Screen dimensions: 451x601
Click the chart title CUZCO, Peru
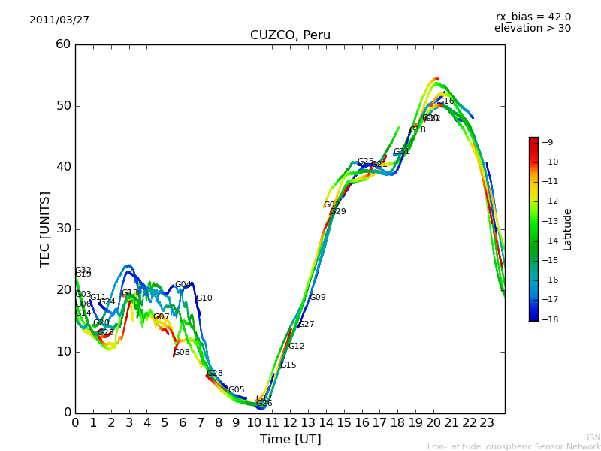(x=290, y=35)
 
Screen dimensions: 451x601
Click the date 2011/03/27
(x=59, y=20)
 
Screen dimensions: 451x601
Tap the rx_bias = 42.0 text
(x=533, y=17)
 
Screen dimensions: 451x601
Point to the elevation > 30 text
(x=532, y=29)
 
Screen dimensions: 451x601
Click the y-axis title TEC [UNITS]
(x=45, y=229)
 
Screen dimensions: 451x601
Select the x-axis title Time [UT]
(x=290, y=440)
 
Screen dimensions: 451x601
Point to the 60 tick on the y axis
(x=63, y=44)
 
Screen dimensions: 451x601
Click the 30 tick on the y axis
(x=63, y=229)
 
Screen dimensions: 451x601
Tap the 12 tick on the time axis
(x=290, y=422)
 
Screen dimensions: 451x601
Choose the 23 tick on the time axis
(x=487, y=422)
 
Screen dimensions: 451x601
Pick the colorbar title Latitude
(x=568, y=229)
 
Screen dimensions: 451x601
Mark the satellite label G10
(x=204, y=298)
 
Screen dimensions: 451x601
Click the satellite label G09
(x=318, y=298)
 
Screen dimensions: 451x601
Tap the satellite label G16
(x=446, y=101)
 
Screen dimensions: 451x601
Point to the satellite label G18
(x=418, y=130)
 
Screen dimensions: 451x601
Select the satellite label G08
(x=182, y=353)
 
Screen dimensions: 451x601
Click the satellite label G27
(x=307, y=325)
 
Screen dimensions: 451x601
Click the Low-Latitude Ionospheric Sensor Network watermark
(x=514, y=447)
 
